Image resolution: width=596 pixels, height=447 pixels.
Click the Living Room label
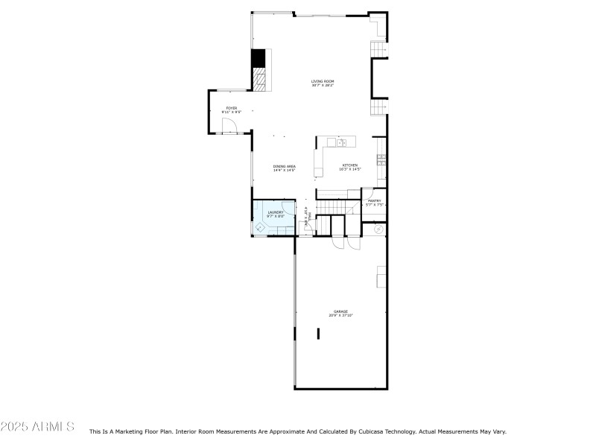click(x=322, y=80)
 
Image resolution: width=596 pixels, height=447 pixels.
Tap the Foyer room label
click(x=232, y=108)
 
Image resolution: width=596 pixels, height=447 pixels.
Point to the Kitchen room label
click(x=349, y=165)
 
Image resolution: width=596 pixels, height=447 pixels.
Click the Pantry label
click(x=374, y=200)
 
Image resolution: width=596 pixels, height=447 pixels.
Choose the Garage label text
click(x=340, y=311)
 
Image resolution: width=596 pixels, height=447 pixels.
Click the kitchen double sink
click(x=340, y=142)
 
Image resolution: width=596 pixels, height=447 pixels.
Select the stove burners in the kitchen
click(x=381, y=159)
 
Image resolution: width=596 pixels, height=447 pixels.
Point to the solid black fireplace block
click(x=258, y=58)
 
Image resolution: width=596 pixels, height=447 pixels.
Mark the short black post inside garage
click(x=318, y=333)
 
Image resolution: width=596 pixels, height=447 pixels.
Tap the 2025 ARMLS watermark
click(x=37, y=427)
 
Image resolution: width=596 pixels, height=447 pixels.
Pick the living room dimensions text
click(x=322, y=86)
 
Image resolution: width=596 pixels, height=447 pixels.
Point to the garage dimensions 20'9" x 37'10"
click(x=340, y=316)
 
